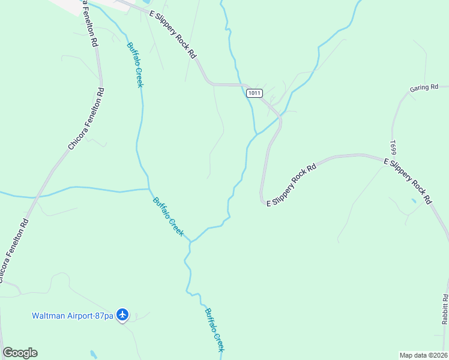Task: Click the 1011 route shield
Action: (254, 93)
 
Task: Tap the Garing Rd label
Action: (424, 88)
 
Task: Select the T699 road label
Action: (394, 148)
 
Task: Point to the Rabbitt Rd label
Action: (445, 309)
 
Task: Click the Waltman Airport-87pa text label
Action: (73, 315)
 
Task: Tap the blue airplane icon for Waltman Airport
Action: (122, 314)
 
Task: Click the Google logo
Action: (20, 353)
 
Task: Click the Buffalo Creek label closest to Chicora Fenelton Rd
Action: (135, 65)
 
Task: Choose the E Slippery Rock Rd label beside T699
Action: (408, 181)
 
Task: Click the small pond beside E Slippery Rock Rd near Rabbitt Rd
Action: (413, 200)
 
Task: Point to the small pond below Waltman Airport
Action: (93, 354)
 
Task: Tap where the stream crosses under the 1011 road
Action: (246, 85)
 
